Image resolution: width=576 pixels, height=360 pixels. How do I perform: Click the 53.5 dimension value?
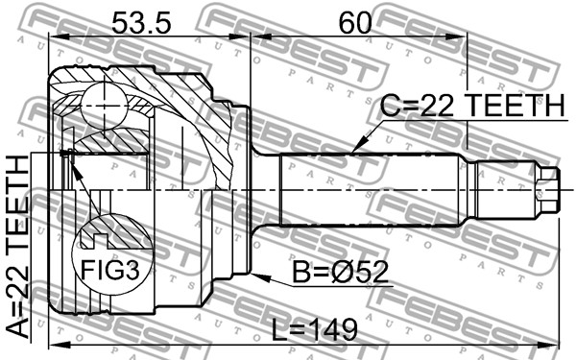141,22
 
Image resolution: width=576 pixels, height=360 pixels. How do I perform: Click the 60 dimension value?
355,22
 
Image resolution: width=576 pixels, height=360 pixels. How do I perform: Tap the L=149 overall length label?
315,329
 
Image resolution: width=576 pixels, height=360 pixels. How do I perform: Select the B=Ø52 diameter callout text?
340,272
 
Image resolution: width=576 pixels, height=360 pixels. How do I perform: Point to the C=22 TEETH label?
472,105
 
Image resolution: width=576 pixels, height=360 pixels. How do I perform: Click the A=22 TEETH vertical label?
17,247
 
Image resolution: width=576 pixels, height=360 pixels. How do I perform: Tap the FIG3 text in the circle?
110,270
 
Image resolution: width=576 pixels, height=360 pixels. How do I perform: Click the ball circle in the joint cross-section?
105,107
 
